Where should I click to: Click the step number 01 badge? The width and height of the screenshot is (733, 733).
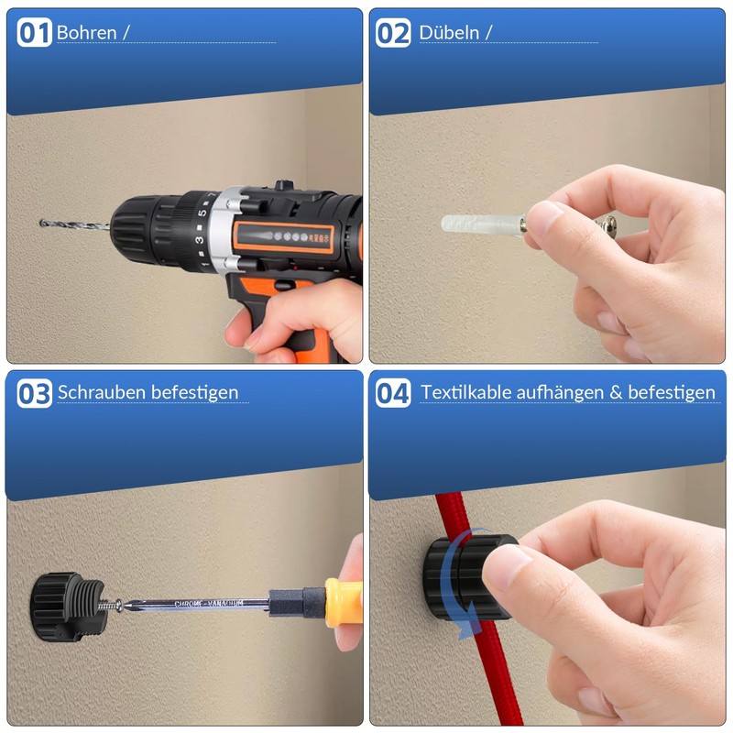pyautogui.click(x=34, y=32)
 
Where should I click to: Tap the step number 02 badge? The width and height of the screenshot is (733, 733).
pyautogui.click(x=393, y=33)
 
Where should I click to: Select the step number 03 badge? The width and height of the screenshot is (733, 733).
pyautogui.click(x=34, y=393)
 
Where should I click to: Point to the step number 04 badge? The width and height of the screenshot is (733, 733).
pyautogui.click(x=393, y=393)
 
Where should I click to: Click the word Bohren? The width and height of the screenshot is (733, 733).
pyautogui.click(x=86, y=33)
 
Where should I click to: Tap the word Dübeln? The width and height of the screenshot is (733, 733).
pyautogui.click(x=449, y=33)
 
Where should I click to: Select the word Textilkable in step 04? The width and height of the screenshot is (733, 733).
pyautogui.click(x=465, y=392)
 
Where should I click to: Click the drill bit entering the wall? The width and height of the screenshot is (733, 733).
pyautogui.click(x=75, y=224)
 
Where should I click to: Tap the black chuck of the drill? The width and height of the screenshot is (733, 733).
pyautogui.click(x=140, y=230)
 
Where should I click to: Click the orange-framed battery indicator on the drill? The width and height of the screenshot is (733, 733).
pyautogui.click(x=284, y=237)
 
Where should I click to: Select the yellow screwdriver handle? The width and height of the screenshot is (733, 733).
pyautogui.click(x=344, y=603)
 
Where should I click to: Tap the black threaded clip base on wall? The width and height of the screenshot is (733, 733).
pyautogui.click(x=70, y=607)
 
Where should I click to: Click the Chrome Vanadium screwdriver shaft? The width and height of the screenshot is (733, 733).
pyautogui.click(x=196, y=604)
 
